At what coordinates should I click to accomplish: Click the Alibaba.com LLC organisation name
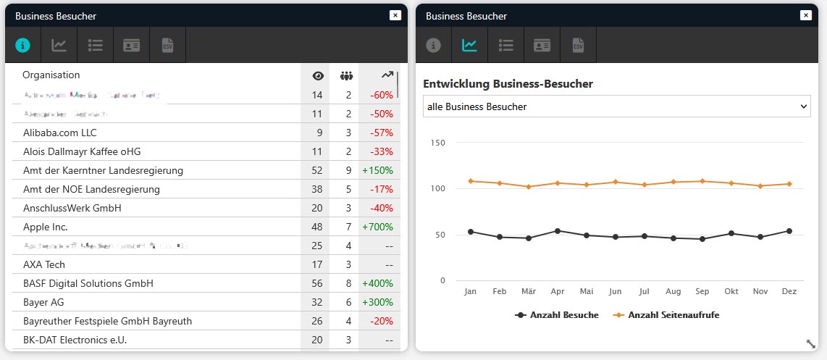59,133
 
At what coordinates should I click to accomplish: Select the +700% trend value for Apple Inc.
377,227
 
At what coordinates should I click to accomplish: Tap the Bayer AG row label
43,302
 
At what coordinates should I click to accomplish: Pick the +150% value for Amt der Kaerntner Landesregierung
377,170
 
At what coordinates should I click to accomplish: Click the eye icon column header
317,75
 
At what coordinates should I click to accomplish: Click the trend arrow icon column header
387,75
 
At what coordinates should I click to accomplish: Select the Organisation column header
51,75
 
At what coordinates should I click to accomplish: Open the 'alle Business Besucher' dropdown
616,106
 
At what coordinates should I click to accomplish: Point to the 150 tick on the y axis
437,142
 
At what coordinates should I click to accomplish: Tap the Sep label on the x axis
702,291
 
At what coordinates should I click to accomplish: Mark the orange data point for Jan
471,181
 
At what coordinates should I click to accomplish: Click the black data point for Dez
789,231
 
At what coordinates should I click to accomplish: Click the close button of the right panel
805,15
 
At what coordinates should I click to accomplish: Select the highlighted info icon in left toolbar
23,45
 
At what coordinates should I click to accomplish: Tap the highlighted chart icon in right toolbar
469,45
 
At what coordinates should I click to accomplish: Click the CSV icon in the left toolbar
168,45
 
